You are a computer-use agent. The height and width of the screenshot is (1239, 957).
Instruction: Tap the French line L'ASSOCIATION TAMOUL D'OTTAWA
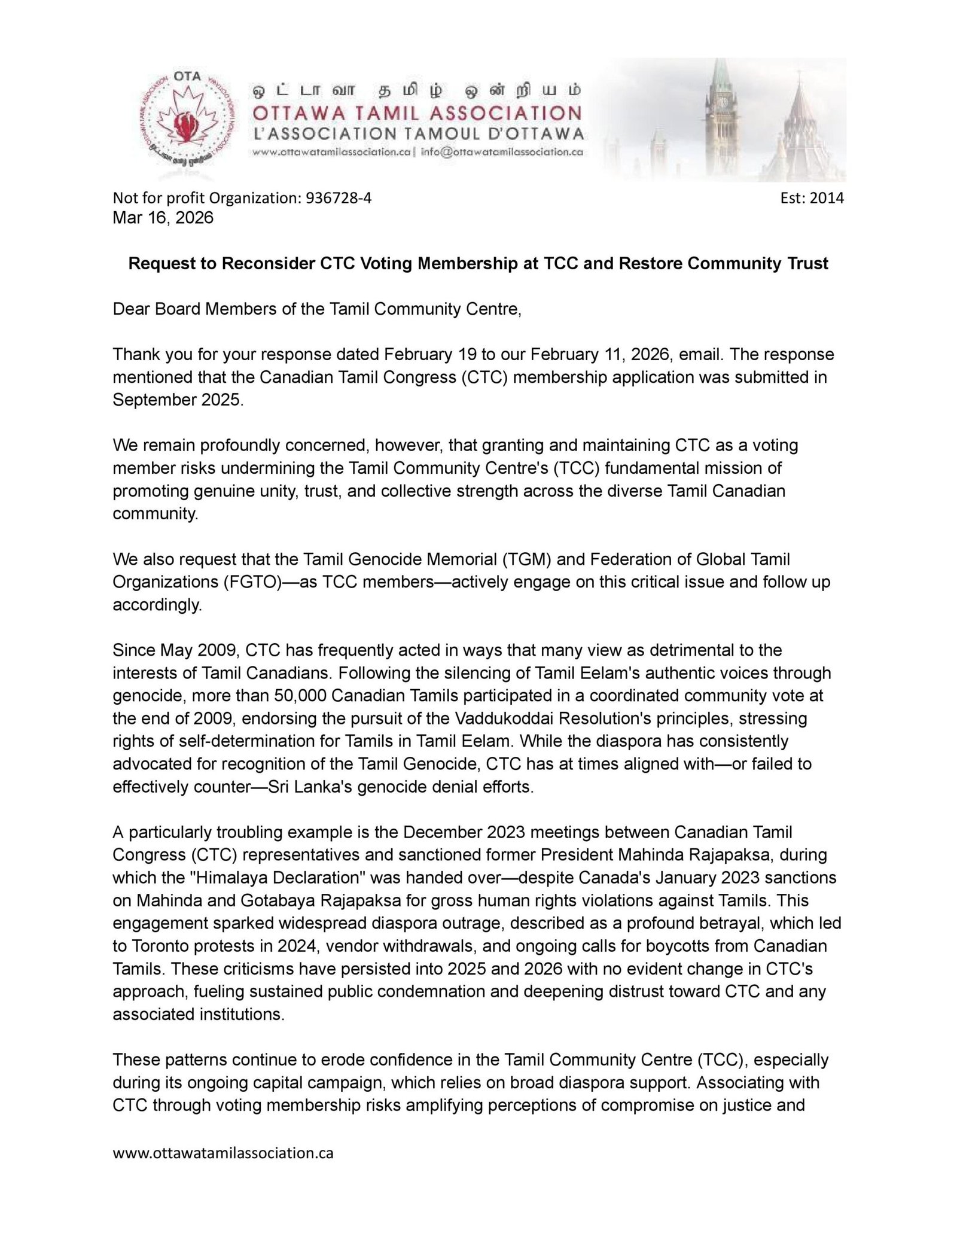417,132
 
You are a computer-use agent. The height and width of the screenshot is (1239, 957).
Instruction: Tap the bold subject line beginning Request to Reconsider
478,263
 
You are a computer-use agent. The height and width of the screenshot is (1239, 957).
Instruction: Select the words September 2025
178,400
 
